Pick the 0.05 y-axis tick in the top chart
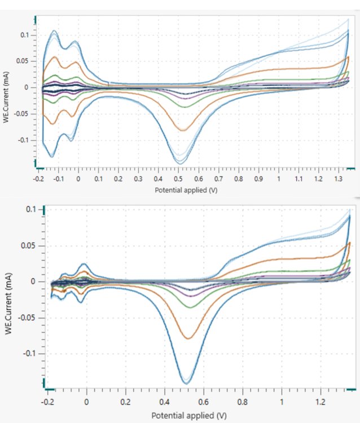(25, 61)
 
